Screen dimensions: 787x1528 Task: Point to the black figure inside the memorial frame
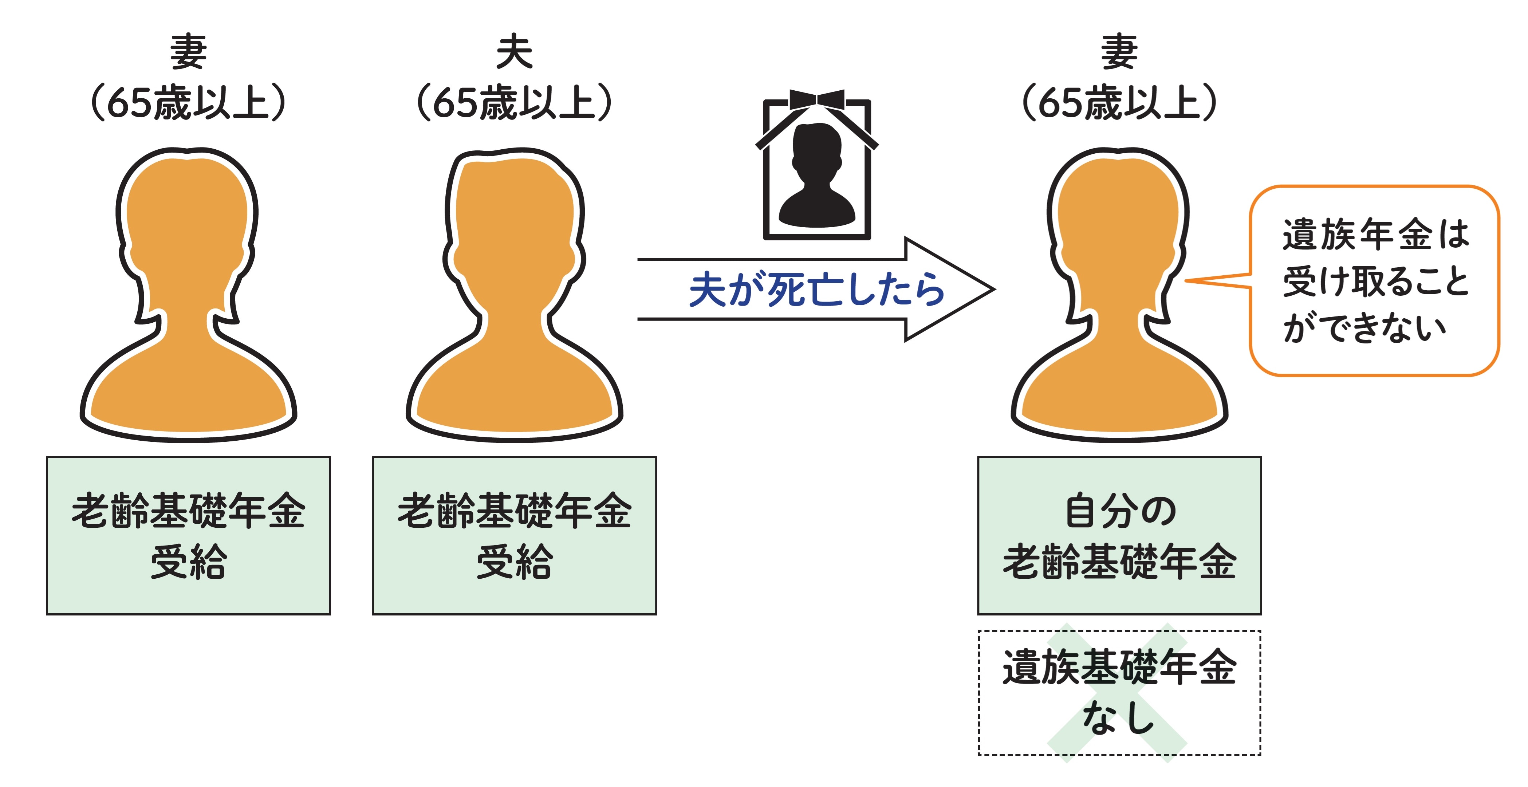pyautogui.click(x=817, y=178)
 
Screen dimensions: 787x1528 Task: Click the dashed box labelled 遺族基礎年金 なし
pyautogui.click(x=1119, y=693)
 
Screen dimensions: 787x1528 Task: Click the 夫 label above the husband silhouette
pyautogui.click(x=514, y=52)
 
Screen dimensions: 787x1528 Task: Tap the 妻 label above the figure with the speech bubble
pyautogui.click(x=1119, y=52)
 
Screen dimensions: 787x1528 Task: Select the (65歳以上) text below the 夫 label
pyautogui.click(x=514, y=103)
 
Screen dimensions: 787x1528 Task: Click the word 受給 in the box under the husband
pyautogui.click(x=514, y=562)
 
